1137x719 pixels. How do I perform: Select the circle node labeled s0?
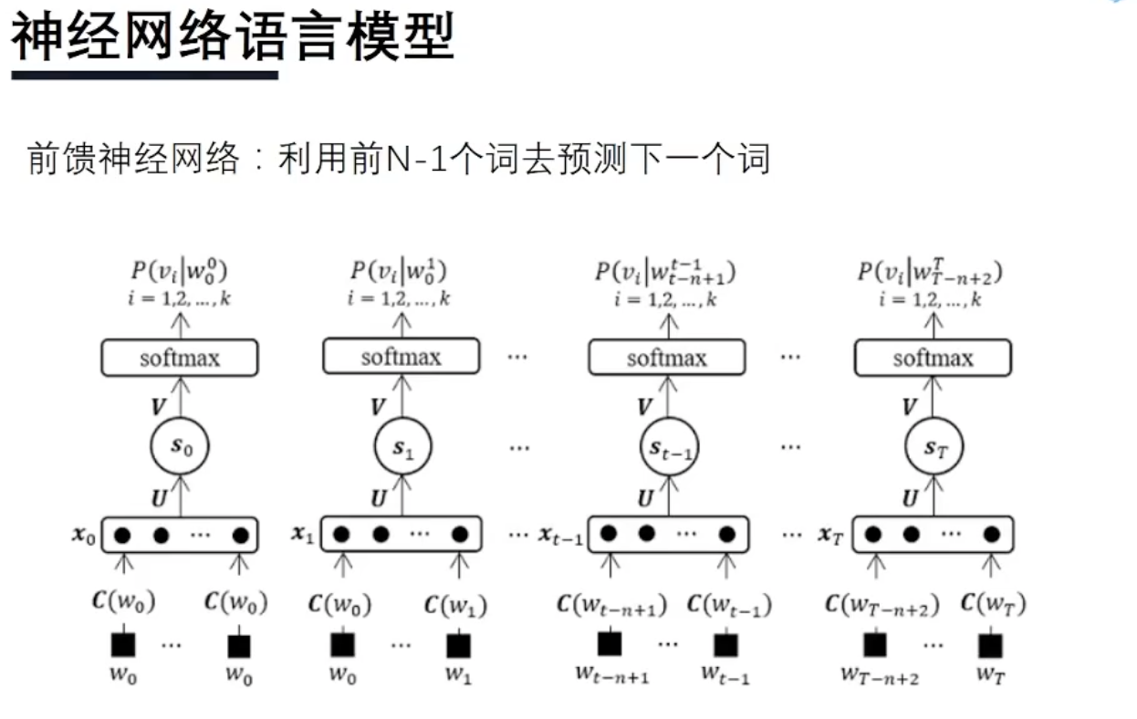point(180,445)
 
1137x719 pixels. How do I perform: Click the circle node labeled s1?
point(402,446)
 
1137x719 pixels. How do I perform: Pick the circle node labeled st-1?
point(667,447)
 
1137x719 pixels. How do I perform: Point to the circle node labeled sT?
point(934,447)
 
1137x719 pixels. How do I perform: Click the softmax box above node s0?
point(180,358)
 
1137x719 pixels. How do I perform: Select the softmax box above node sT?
point(934,358)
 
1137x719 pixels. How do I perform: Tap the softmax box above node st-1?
point(667,358)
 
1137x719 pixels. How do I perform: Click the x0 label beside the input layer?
point(84,536)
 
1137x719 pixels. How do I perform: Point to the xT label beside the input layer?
point(829,536)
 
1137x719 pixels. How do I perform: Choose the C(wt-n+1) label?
point(611,605)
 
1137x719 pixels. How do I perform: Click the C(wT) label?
point(993,604)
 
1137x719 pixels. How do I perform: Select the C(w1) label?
point(456,604)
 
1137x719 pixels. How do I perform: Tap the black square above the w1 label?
point(459,645)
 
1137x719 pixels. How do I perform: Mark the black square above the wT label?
point(990,645)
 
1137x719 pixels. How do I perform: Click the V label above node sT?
point(909,407)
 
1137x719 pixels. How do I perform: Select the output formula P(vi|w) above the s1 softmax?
point(401,272)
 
